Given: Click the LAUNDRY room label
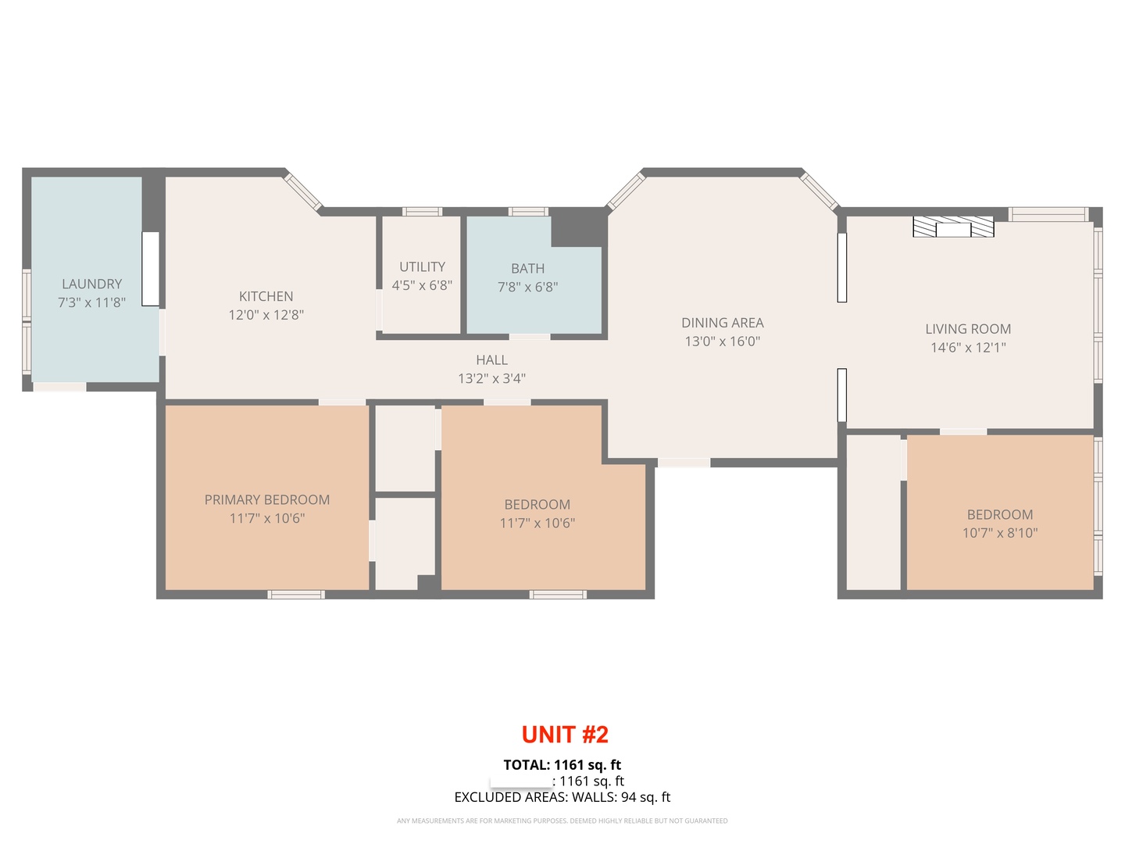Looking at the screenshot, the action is point(91,284).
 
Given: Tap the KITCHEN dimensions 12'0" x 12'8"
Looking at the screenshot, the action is point(266,315).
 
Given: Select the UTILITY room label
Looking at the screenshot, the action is point(423,266).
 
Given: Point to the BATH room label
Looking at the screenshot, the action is point(528,268).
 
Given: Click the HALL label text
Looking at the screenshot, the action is point(491,359).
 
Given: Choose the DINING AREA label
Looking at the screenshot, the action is point(722,322).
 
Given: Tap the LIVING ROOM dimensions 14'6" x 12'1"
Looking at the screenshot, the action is point(968,348).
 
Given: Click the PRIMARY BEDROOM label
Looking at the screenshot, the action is point(267,499).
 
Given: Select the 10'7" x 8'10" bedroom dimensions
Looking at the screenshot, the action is point(1000,533).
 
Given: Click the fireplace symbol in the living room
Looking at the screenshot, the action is point(953,227).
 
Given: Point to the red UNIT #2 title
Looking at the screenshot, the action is point(565,735).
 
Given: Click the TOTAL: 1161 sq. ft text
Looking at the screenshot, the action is point(562,764).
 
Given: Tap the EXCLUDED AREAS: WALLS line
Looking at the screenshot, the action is point(562,797).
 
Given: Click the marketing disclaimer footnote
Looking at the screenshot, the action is point(562,821).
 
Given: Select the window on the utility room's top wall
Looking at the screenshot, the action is point(422,212).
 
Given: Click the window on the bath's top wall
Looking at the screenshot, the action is point(528,212).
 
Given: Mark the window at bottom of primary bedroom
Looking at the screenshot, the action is point(296,595).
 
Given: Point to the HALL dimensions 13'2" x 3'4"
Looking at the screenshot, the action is point(491,379).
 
